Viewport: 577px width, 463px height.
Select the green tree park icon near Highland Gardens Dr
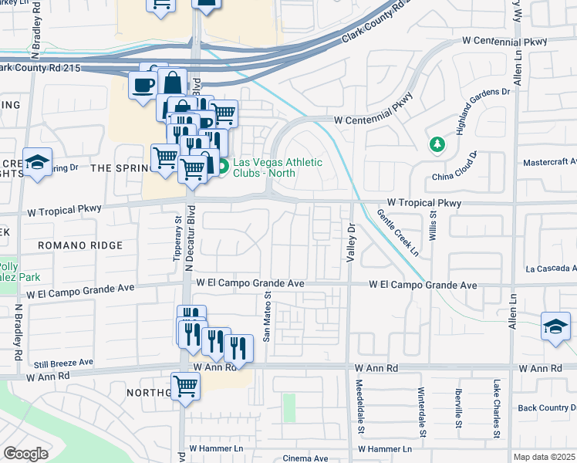[437, 144]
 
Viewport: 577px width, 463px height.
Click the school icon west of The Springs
[36, 163]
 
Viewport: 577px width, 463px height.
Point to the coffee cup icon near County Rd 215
[143, 84]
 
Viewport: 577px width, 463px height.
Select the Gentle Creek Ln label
[398, 233]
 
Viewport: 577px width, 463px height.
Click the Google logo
[25, 453]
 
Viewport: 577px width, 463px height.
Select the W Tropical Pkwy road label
[423, 203]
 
